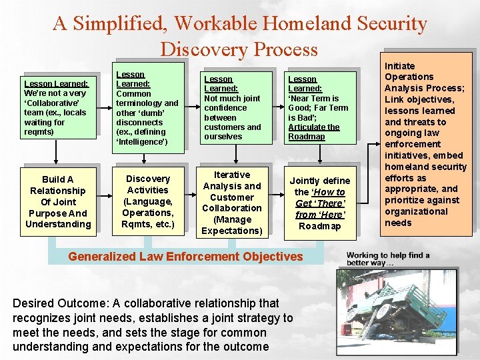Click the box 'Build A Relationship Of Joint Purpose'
[x=57, y=201]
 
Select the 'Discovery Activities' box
[x=148, y=201]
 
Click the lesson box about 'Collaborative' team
[x=56, y=107]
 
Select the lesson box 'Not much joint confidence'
[x=233, y=107]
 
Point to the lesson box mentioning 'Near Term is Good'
[x=318, y=107]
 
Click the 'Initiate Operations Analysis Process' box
[x=425, y=143]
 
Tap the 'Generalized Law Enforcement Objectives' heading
[x=185, y=257]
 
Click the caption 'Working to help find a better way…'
[x=388, y=259]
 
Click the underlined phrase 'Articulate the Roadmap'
[x=314, y=132]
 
